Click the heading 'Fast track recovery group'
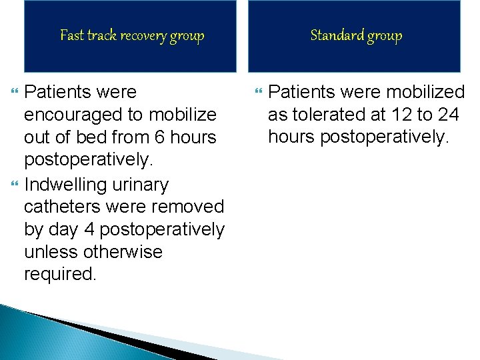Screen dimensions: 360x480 [x=132, y=35]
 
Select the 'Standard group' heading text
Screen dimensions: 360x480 [x=356, y=35]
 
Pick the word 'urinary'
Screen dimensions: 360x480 [x=145, y=184]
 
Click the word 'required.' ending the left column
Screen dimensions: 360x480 [x=60, y=275]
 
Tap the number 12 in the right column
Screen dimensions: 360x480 [x=401, y=115]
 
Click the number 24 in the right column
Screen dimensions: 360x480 [x=447, y=115]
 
